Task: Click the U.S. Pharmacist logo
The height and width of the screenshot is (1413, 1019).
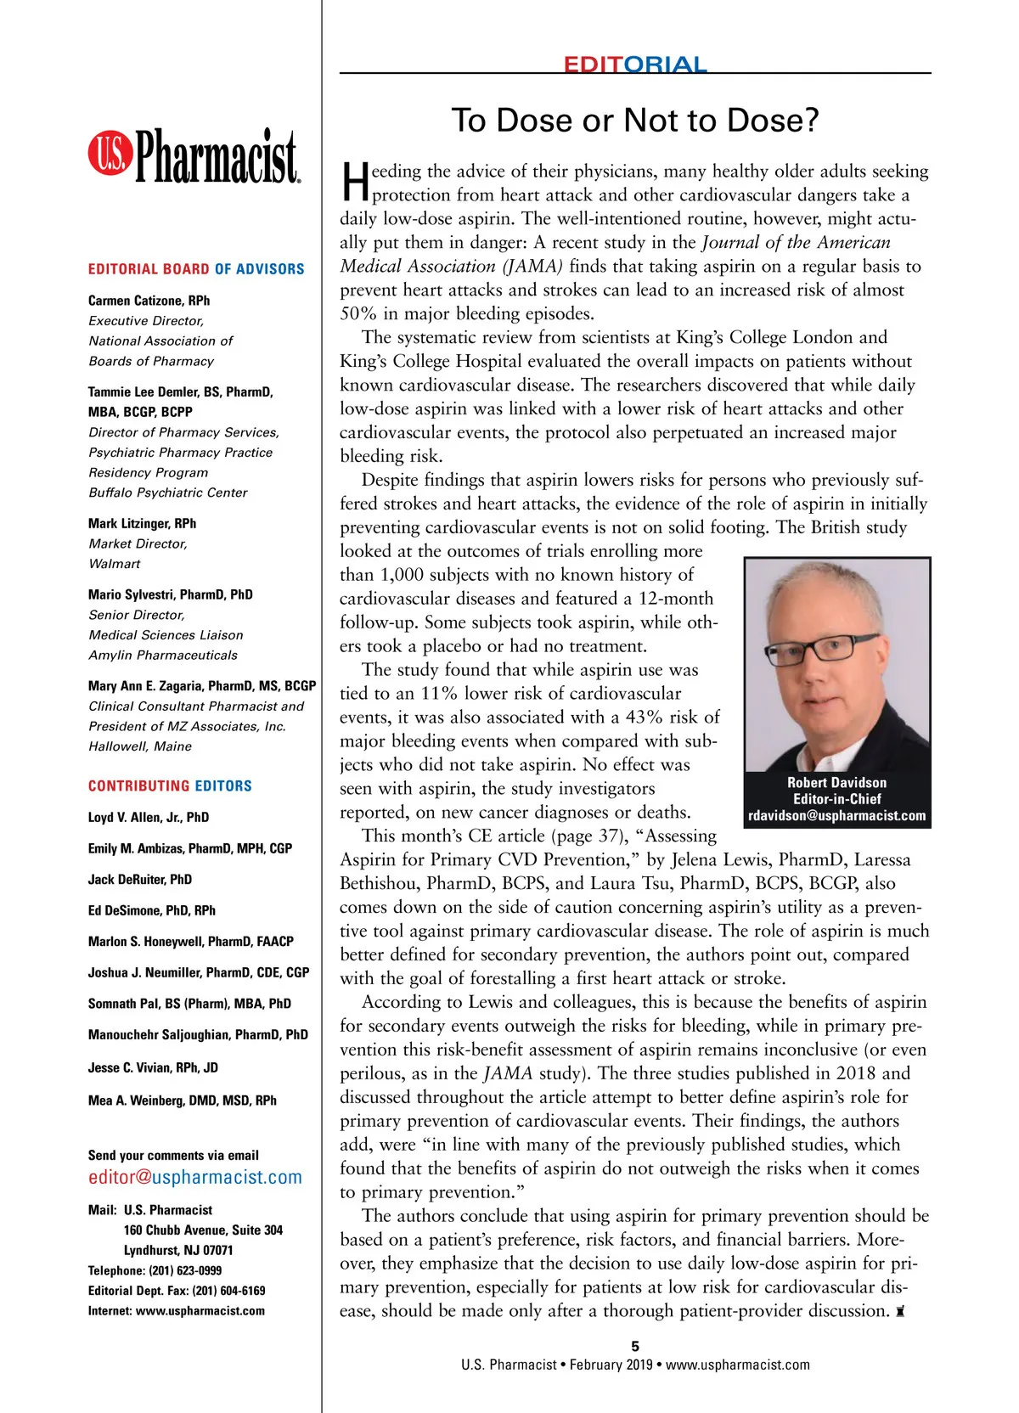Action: [194, 156]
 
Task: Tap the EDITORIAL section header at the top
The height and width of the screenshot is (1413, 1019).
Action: [634, 65]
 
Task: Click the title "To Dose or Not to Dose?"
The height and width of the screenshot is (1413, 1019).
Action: [634, 121]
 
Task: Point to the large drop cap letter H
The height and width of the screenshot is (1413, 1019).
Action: [355, 183]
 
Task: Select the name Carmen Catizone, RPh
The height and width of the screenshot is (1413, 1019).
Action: [149, 301]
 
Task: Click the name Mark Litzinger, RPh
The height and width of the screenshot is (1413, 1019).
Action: [142, 523]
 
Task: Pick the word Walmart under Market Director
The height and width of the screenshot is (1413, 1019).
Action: [115, 564]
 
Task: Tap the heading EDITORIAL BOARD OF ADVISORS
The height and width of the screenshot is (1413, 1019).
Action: [196, 269]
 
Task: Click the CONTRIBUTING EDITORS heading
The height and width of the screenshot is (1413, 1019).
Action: [170, 786]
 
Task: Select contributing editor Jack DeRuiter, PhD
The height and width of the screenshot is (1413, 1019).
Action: [140, 880]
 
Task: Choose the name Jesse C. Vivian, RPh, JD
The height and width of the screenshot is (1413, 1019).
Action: [153, 1067]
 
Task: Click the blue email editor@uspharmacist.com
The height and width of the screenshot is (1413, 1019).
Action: [195, 1178]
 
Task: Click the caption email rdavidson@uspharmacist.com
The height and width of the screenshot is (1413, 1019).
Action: [836, 816]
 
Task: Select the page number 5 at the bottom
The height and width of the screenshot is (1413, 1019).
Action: [635, 1346]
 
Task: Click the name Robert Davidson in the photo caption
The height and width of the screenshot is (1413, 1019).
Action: [836, 783]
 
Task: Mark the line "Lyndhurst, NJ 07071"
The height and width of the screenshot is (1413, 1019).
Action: [178, 1250]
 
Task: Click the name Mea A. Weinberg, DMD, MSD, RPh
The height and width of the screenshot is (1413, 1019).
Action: [183, 1101]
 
